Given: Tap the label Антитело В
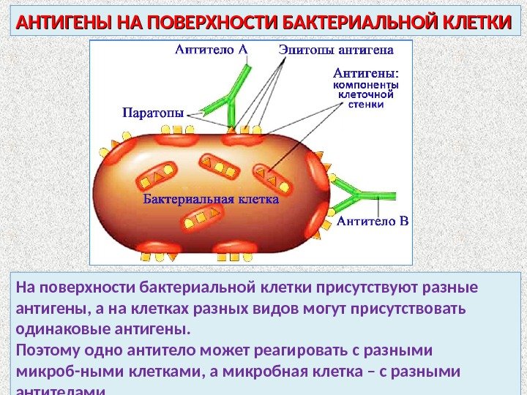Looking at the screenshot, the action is coord(373,220).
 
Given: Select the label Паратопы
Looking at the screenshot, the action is coord(152,113).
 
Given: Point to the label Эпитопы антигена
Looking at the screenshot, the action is coord(336,50).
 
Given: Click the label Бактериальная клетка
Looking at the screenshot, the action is coord(211,198).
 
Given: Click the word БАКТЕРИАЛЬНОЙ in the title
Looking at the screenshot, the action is coord(356,23).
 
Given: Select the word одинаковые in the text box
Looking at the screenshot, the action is coord(59,327).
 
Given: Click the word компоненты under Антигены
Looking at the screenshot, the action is coord(367,85).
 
